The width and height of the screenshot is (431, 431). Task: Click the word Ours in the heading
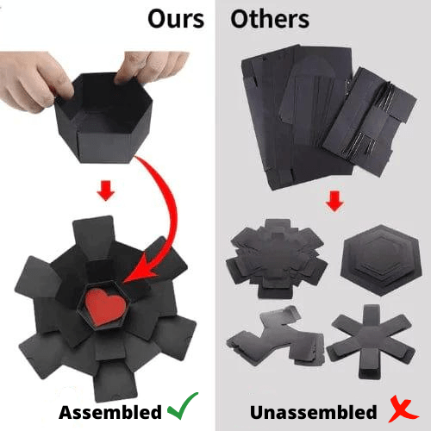tap(176, 19)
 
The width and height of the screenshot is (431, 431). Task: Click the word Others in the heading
tap(270, 19)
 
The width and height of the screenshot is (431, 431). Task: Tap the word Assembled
tap(110, 413)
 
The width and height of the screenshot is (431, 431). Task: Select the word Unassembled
tap(314, 412)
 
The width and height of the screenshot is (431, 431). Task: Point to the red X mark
tap(403, 409)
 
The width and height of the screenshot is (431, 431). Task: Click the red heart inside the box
tap(106, 306)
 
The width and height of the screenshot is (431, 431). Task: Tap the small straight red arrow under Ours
tap(106, 191)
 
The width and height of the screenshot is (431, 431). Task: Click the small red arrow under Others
tap(334, 201)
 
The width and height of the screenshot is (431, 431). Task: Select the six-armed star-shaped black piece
tap(371, 342)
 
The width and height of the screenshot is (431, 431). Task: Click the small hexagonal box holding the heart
tap(104, 306)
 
